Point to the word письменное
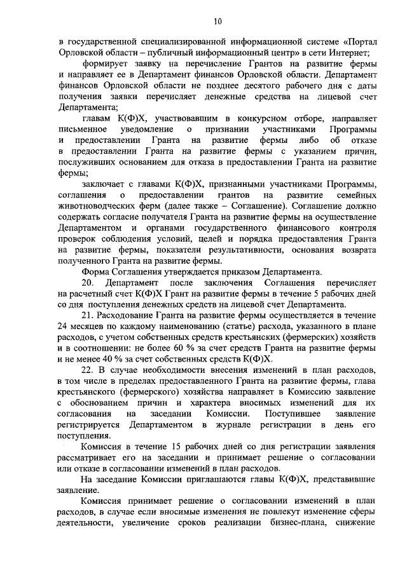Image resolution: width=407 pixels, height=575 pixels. pyautogui.click(x=79, y=129)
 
